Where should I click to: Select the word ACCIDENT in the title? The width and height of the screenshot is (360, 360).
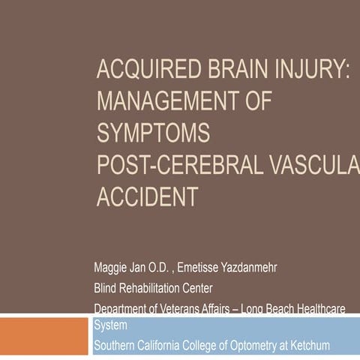(148, 196)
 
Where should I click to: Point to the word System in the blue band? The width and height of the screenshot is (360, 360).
(111, 325)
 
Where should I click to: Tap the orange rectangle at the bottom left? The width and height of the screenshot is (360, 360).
(44, 335)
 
